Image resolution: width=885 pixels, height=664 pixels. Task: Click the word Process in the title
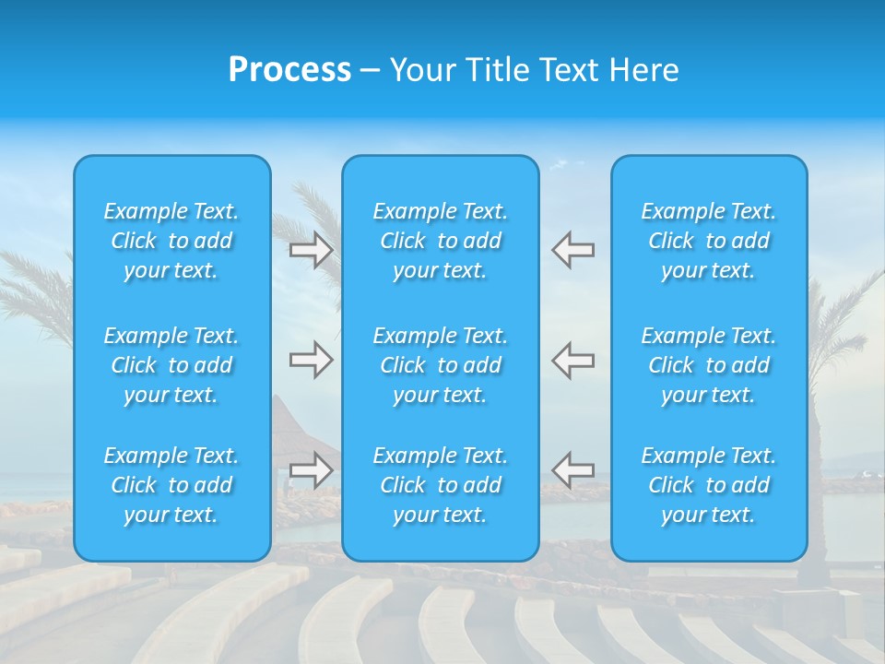point(289,69)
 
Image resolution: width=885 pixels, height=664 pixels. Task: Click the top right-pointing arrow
point(312,250)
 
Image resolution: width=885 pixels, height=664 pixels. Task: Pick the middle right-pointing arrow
point(312,360)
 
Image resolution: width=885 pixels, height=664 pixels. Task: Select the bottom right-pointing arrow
point(312,469)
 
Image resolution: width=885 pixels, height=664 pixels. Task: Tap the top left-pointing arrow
point(573,250)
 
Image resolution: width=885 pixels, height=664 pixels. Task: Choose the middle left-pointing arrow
point(573,360)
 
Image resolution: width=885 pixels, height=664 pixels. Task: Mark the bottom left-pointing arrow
point(573,469)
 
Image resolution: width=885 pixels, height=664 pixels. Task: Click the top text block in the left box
point(171,241)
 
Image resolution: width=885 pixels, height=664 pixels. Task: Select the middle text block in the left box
point(171,365)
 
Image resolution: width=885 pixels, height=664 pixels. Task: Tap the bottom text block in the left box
point(171,485)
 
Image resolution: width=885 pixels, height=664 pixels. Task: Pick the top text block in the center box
point(440,241)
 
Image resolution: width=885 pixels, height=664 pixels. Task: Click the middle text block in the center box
point(440,365)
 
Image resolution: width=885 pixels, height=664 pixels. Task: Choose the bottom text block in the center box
point(440,485)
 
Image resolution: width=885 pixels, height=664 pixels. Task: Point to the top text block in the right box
point(708,241)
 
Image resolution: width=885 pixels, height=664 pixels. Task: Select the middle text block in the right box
point(708,365)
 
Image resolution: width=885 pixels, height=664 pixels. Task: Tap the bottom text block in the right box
point(708,485)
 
